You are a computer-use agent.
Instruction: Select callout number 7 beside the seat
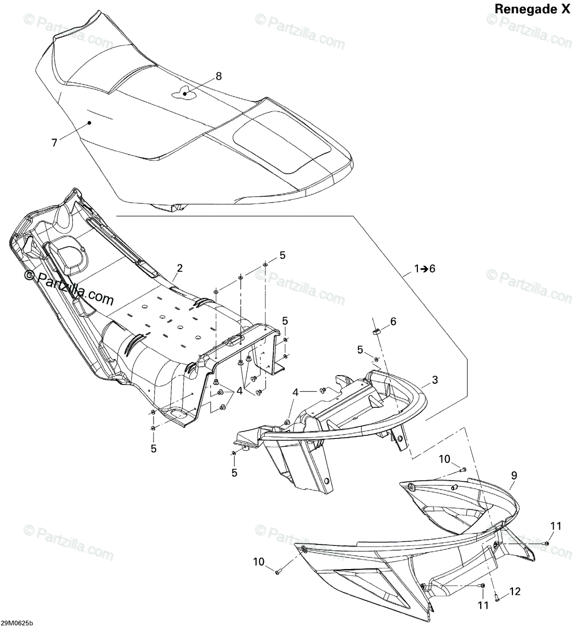(54, 142)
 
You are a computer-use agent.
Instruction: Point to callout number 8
(218, 76)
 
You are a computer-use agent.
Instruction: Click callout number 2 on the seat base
(179, 268)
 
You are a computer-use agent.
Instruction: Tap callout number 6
(393, 320)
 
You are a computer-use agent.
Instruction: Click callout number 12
(515, 591)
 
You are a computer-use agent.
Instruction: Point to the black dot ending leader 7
(89, 123)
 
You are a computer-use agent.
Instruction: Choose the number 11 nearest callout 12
(483, 605)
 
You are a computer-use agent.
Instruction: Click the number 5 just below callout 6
(360, 350)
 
